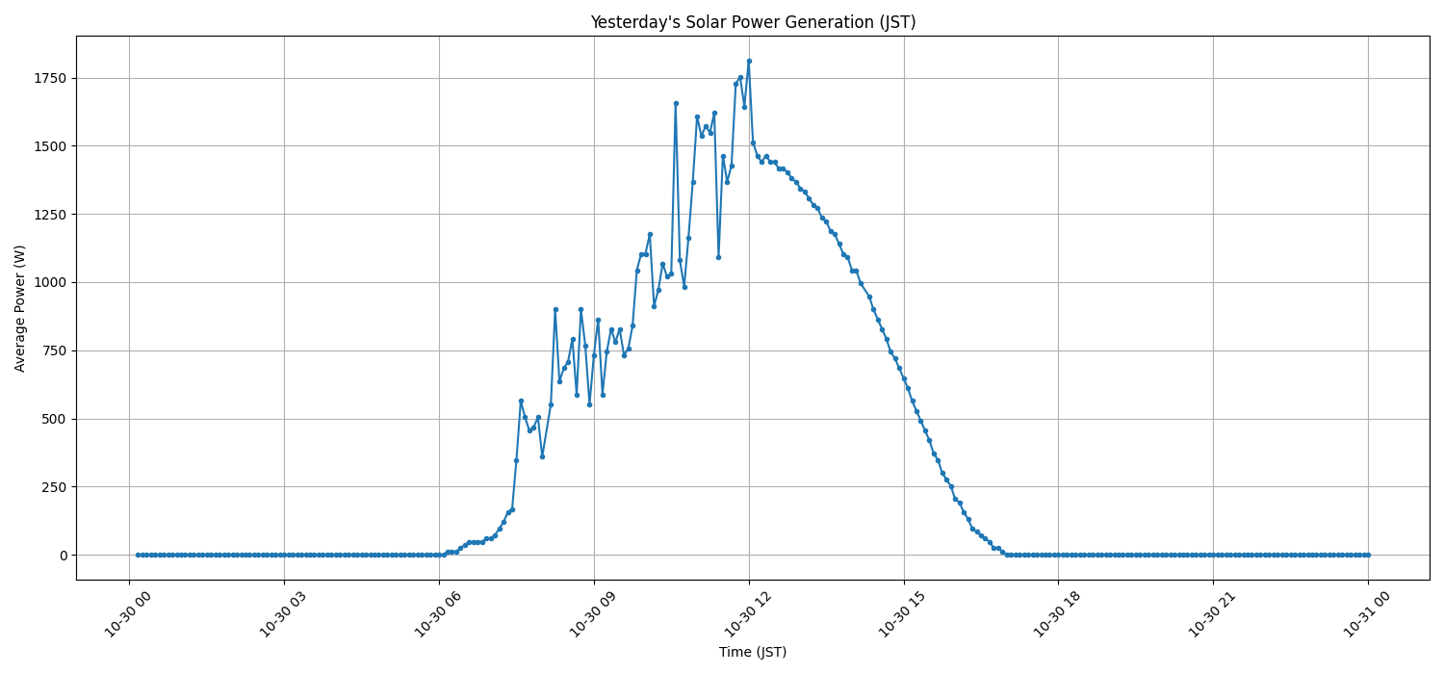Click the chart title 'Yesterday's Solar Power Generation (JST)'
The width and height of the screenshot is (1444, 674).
tap(753, 22)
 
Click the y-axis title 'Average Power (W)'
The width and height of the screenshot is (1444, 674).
tap(20, 308)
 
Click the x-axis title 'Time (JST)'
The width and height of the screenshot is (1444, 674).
tap(753, 652)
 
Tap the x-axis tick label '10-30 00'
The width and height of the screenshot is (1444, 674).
tap(128, 612)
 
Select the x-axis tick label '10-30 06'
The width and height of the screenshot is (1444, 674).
tap(438, 612)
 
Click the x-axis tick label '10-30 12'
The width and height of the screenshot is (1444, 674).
tap(748, 612)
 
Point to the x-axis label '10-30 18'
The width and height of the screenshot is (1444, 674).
tap(1057, 612)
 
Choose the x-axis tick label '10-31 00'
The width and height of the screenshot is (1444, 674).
tap(1367, 612)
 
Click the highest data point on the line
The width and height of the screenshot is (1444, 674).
tap(749, 62)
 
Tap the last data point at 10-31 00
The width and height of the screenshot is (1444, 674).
tap(1368, 555)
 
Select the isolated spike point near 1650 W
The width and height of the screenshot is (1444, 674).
tap(676, 103)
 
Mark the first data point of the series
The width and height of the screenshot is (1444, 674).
tap(138, 555)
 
